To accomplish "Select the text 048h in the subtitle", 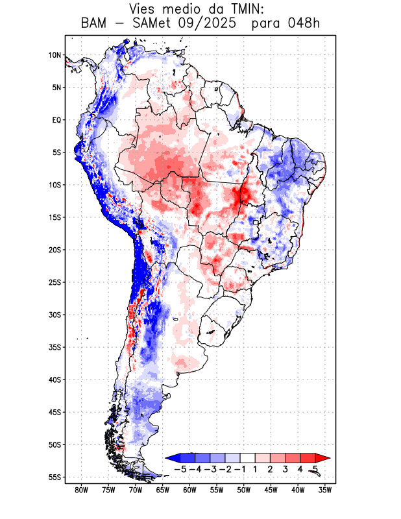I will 302,24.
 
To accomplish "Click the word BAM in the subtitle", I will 94,24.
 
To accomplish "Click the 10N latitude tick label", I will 55,55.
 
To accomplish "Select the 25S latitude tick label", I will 55,282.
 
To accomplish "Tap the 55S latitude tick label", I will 55,477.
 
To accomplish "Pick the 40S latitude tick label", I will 55,380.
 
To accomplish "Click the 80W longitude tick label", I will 81,490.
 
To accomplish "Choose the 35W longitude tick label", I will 325,490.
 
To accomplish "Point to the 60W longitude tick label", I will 189,490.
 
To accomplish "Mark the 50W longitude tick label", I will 244,490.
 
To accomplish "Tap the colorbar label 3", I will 286,469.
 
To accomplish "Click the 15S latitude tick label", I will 55,217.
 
